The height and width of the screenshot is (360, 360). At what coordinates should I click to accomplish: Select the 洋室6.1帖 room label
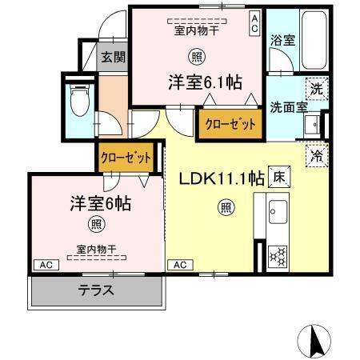(x=205, y=82)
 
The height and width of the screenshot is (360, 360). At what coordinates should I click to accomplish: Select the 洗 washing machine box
(x=317, y=88)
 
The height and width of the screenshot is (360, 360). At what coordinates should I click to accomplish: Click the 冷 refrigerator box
(x=317, y=155)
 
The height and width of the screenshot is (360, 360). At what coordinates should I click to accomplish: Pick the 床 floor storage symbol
(x=278, y=178)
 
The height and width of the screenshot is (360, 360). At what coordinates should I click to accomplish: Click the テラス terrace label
(x=95, y=290)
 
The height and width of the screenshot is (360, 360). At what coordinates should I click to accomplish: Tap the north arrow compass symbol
(x=315, y=342)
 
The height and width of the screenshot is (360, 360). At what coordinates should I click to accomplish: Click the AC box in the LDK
(x=180, y=264)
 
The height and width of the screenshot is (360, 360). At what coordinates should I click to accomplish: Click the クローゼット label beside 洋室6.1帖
(x=230, y=125)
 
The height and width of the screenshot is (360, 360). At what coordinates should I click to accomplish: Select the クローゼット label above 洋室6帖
(x=125, y=158)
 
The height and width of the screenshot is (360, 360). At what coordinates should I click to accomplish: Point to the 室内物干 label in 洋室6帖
(x=96, y=249)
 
